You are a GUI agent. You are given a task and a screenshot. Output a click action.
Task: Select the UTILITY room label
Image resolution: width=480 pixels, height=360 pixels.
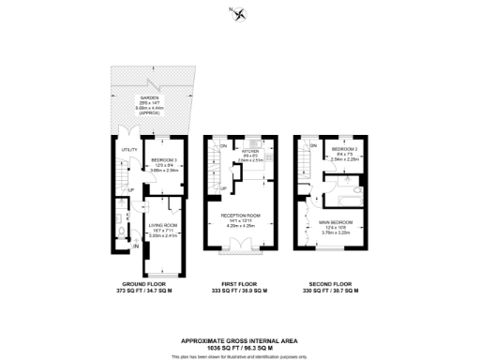128,148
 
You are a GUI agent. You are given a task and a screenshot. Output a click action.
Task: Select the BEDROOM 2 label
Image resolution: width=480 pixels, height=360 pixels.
344,149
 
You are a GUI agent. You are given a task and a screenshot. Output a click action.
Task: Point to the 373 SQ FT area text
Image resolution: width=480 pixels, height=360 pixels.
129,291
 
